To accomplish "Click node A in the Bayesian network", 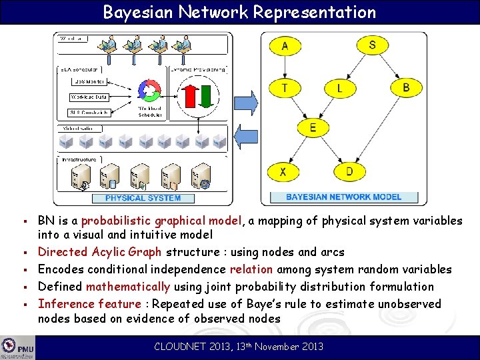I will click(x=285, y=45).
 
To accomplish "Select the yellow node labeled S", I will click(x=372, y=45).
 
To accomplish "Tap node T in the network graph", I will click(x=285, y=87).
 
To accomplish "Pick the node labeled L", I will click(x=340, y=87).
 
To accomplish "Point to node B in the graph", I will click(x=406, y=87).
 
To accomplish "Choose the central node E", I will click(x=313, y=128).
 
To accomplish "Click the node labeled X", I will click(x=284, y=172).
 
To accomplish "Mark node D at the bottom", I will click(x=349, y=172).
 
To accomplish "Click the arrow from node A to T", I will click(x=285, y=67).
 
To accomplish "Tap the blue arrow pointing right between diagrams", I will click(x=244, y=98).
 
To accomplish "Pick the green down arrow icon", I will click(x=208, y=94).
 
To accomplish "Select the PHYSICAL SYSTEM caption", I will click(x=143, y=198).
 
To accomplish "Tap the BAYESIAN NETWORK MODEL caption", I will click(x=344, y=197).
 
